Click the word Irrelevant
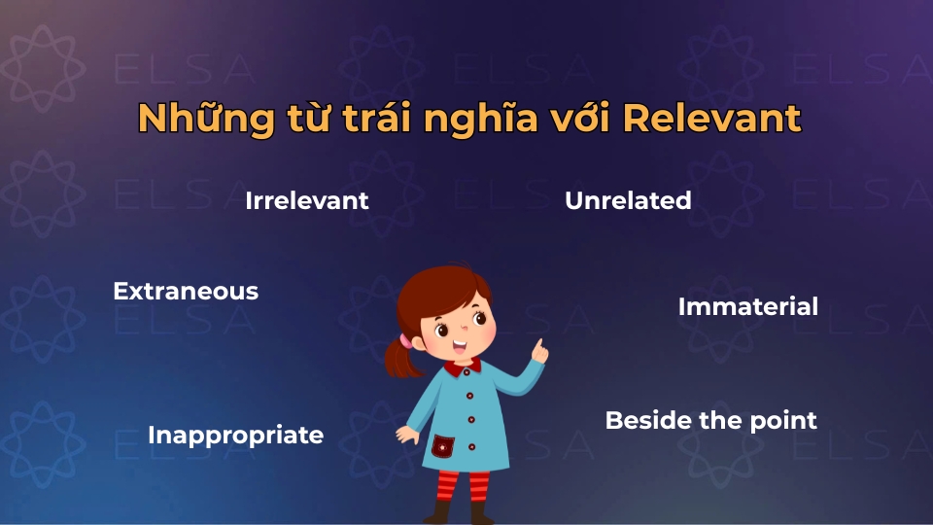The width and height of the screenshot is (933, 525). click(307, 201)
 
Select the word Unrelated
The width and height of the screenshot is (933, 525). click(628, 201)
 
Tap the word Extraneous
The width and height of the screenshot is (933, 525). click(186, 291)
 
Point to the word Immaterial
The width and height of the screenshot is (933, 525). click(747, 307)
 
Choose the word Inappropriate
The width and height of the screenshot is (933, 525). click(235, 436)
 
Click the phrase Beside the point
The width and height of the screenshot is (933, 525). click(710, 421)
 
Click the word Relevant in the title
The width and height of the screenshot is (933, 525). click(711, 119)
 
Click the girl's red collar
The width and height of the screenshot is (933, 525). click(462, 367)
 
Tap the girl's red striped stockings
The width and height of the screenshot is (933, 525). click(465, 486)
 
